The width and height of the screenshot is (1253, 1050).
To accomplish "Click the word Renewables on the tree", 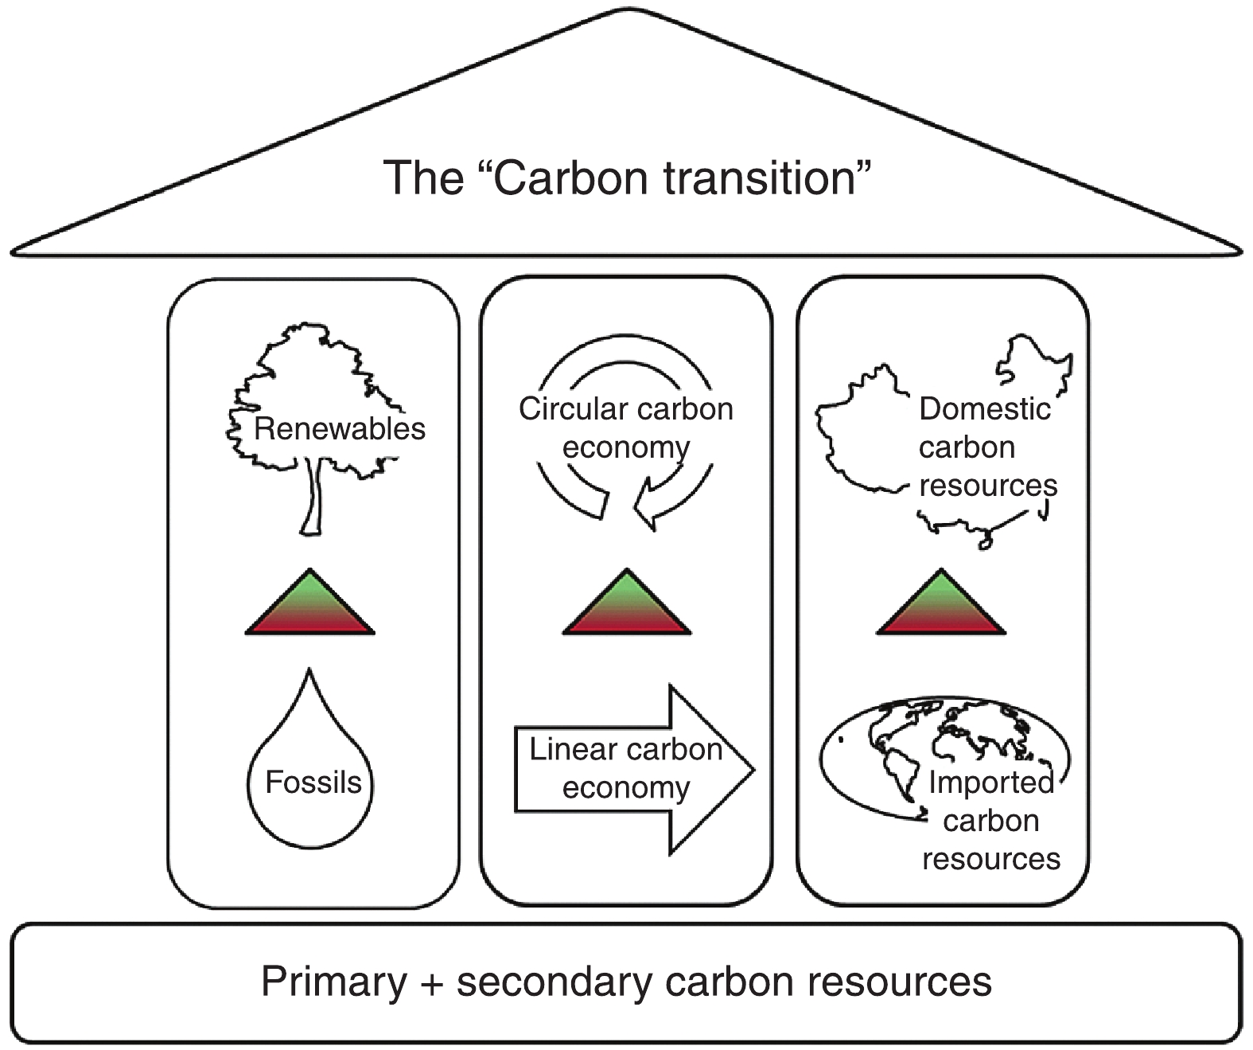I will (x=340, y=429).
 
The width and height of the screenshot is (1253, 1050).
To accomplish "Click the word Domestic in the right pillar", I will (x=985, y=409).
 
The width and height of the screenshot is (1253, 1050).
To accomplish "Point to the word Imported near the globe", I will (x=990, y=782).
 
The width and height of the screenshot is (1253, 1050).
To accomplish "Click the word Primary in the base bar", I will (x=334, y=982).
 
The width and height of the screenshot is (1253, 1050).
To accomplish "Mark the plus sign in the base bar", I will (x=432, y=983).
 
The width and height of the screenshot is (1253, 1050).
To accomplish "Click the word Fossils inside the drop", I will (x=313, y=783).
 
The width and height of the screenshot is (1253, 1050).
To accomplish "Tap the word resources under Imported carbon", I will (x=991, y=859).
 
